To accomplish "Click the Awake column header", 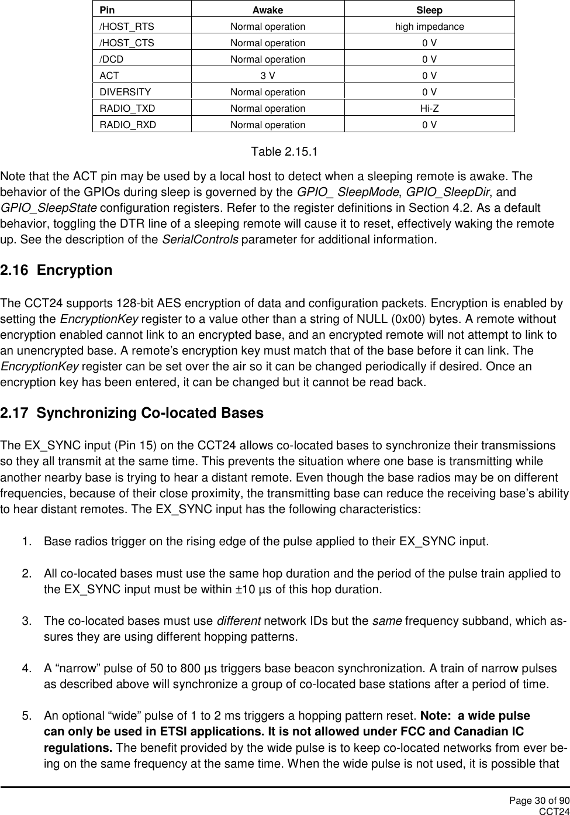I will (267, 10).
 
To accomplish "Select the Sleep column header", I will (429, 10).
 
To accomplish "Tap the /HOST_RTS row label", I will (127, 26).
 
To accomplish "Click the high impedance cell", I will (429, 26).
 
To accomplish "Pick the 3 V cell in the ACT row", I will (267, 75).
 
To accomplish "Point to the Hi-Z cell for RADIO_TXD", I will (429, 108).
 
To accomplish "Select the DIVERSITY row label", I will (125, 92).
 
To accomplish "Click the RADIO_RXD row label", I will (127, 125).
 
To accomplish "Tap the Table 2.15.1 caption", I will (284, 152).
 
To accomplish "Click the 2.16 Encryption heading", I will (57, 271).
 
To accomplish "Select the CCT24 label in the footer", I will (554, 810).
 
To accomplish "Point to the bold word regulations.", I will (78, 748).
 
